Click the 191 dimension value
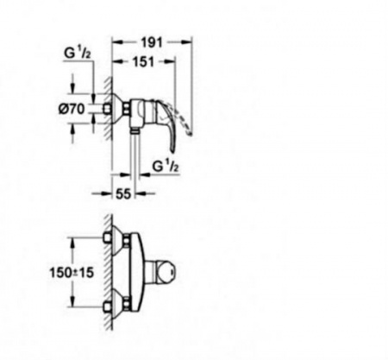(152, 42)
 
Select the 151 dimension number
(144, 61)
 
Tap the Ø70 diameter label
(72, 109)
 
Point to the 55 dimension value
(123, 193)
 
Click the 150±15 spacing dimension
(72, 272)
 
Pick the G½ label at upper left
(78, 53)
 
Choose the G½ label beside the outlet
(166, 166)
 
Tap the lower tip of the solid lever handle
(172, 151)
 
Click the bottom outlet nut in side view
(135, 131)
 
